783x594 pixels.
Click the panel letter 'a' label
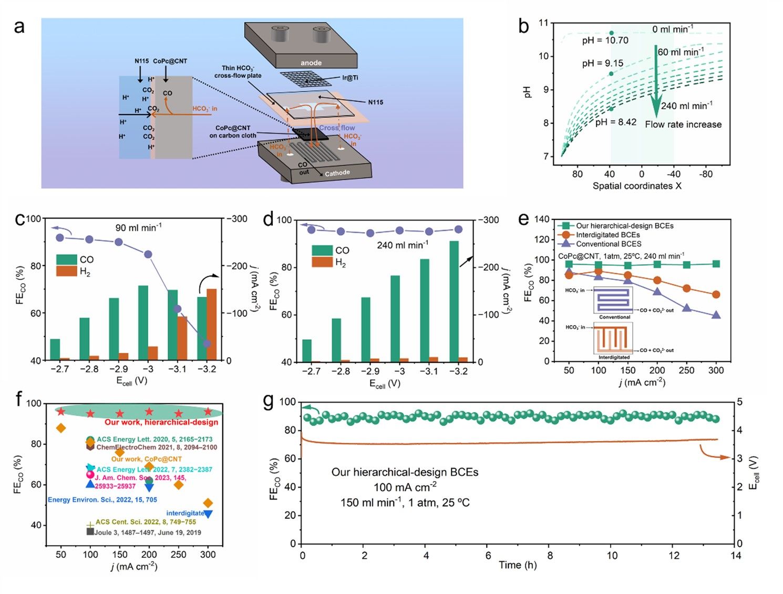click(19, 26)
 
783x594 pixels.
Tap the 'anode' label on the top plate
click(311, 63)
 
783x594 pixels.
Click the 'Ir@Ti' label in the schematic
click(350, 78)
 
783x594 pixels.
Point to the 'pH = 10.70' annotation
click(605, 40)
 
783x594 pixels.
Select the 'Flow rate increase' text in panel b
click(683, 124)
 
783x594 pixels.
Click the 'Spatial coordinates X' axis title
click(637, 186)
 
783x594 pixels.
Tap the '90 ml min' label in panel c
click(139, 227)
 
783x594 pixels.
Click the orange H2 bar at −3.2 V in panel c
click(212, 325)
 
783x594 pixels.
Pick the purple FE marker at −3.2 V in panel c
click(207, 343)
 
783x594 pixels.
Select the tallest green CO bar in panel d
click(454, 301)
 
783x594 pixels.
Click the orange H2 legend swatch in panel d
click(322, 262)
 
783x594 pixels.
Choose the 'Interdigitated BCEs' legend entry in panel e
click(607, 235)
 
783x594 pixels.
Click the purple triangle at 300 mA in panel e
click(716, 315)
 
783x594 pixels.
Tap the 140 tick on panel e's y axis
click(542, 219)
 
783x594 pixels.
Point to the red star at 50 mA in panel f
click(61, 412)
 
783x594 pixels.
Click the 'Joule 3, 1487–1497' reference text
click(147, 532)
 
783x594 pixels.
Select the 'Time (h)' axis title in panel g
click(518, 565)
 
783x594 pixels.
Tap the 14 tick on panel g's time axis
click(736, 555)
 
